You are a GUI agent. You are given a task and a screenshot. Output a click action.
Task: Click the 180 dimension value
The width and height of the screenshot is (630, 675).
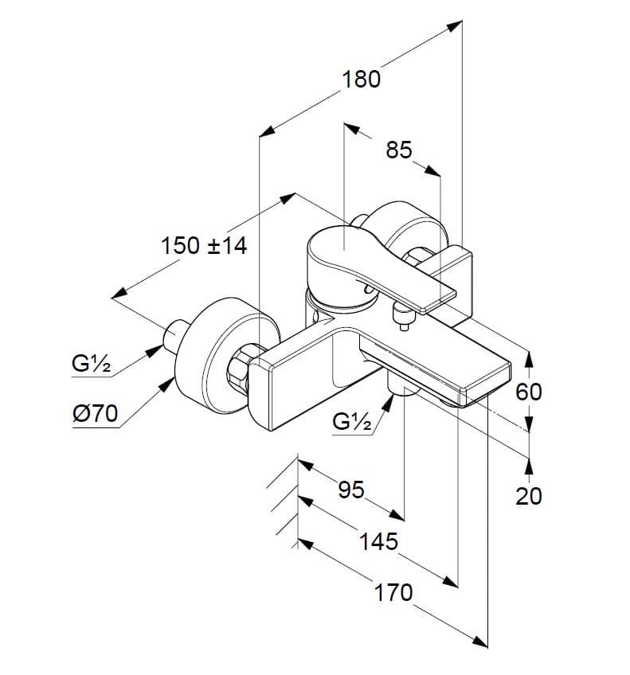click(x=361, y=80)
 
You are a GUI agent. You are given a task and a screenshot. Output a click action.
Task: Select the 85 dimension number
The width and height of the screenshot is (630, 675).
click(x=399, y=150)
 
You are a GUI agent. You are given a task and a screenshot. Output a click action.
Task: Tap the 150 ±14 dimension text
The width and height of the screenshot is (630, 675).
click(x=204, y=246)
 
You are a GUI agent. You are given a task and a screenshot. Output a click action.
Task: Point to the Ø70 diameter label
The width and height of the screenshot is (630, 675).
click(x=95, y=414)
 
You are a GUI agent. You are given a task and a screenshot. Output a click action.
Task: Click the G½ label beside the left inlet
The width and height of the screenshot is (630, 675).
click(x=91, y=364)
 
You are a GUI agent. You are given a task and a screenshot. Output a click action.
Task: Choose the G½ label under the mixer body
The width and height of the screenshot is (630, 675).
click(x=351, y=421)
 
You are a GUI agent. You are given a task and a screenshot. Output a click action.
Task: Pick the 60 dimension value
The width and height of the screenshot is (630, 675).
click(x=528, y=392)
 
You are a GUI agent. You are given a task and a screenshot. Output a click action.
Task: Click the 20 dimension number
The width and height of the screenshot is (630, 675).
click(x=528, y=496)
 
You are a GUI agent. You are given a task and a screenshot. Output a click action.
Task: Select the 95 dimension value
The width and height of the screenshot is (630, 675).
click(x=351, y=490)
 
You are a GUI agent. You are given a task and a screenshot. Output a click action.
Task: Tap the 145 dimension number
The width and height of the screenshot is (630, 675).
click(x=378, y=541)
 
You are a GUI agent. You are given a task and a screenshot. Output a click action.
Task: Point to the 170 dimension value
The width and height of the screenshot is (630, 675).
click(x=393, y=593)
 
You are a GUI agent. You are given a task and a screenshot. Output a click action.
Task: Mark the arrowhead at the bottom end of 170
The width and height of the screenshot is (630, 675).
click(x=479, y=641)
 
